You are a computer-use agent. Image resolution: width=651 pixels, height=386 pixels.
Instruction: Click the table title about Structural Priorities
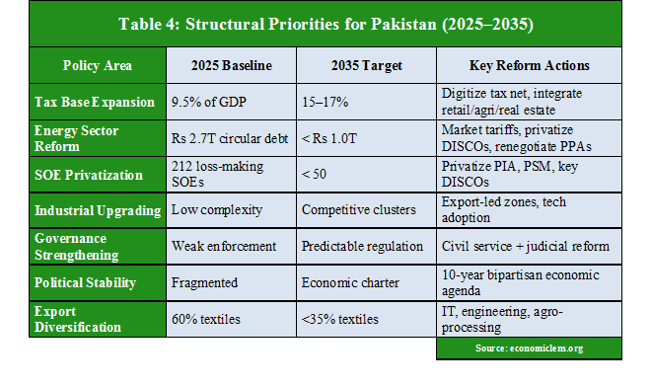pos(325,23)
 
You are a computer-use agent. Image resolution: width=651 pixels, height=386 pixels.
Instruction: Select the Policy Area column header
pos(97,66)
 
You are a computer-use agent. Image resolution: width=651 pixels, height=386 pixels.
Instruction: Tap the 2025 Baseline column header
pos(230,66)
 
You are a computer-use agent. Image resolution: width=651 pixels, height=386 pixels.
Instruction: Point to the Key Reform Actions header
pos(528,66)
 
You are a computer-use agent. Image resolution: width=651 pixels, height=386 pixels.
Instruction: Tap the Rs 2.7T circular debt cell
pos(230,138)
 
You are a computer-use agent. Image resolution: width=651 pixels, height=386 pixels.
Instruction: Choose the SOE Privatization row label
pos(89,175)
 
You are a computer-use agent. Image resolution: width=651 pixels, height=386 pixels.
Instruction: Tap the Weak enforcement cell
pos(223,247)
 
